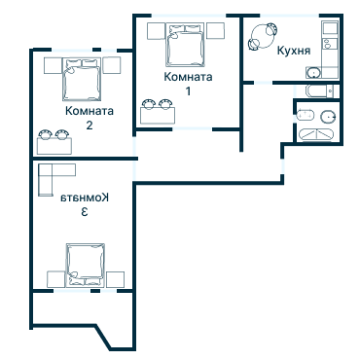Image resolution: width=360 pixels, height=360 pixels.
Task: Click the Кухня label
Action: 293,50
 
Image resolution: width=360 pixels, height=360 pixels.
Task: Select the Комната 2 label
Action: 89,118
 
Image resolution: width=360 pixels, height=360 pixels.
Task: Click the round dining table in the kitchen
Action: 263,40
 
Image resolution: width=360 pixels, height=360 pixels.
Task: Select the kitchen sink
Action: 314,73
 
